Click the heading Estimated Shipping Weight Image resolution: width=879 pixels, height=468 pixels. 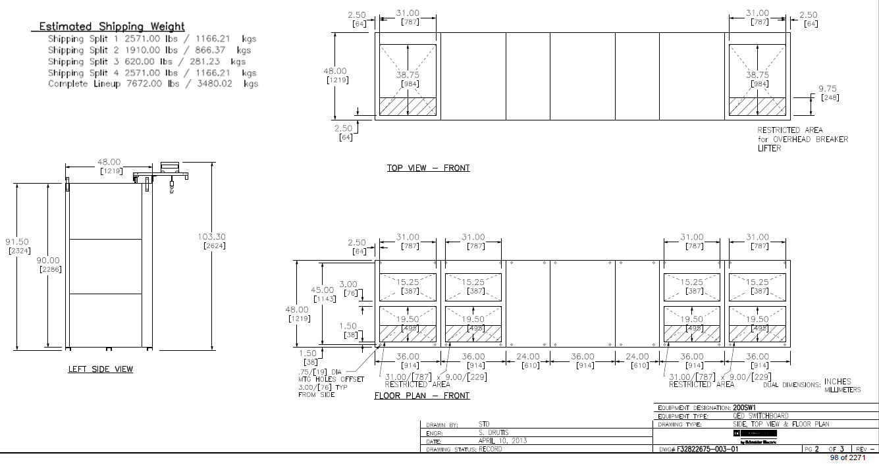coord(112,26)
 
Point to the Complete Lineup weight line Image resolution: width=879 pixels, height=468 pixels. coord(153,84)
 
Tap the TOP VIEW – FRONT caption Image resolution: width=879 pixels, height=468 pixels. coord(428,168)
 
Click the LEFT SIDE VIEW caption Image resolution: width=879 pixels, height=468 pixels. coord(100,369)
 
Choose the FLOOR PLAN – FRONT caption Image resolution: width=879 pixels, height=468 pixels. coord(422,396)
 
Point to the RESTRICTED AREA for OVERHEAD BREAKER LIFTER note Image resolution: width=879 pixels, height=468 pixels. coord(802,139)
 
